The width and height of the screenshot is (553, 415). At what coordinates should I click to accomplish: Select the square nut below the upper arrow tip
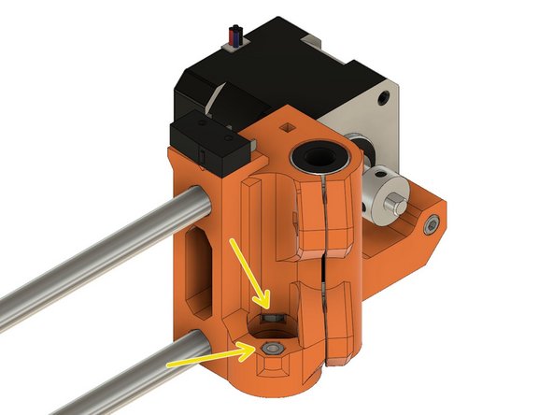click(x=272, y=320)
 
